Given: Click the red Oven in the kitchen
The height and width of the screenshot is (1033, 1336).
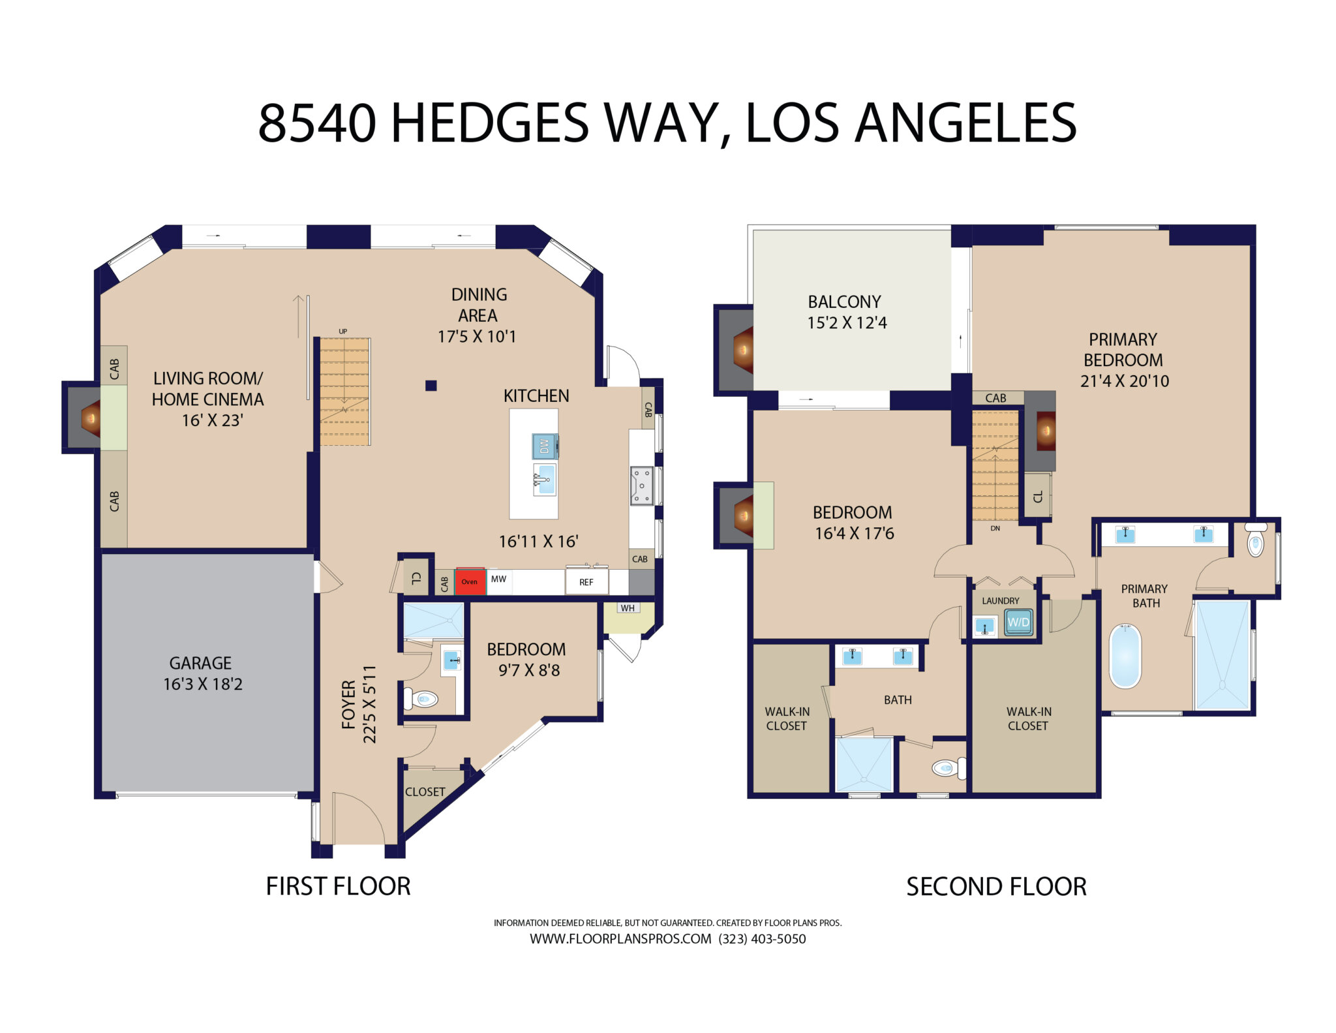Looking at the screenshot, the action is pyautogui.click(x=470, y=581).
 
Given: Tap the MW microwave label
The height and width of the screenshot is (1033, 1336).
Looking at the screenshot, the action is pyautogui.click(x=498, y=579).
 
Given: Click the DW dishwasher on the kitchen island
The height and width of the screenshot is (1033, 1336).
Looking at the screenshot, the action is pyautogui.click(x=545, y=446).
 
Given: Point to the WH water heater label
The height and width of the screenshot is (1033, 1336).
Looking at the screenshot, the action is pyautogui.click(x=628, y=608).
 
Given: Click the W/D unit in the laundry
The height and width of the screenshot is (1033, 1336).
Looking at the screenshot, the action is pyautogui.click(x=1018, y=622).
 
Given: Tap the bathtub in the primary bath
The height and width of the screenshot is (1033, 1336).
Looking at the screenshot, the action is pyautogui.click(x=1125, y=656).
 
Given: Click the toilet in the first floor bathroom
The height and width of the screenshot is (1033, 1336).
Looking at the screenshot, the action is pyautogui.click(x=421, y=699).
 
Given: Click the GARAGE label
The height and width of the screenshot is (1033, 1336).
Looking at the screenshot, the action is pyautogui.click(x=200, y=663).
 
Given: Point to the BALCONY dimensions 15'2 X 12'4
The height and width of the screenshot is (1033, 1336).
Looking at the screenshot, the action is pyautogui.click(x=847, y=323).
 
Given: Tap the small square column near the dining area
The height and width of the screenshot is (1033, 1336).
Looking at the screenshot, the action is pyautogui.click(x=431, y=386).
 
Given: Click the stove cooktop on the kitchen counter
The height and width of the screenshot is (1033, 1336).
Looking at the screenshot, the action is pyautogui.click(x=642, y=486).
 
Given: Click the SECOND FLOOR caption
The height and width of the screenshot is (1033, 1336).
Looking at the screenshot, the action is pyautogui.click(x=996, y=887).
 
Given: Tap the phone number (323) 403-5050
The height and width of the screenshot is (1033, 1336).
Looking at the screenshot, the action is pyautogui.click(x=762, y=939).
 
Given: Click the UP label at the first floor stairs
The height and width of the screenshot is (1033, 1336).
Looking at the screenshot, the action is pyautogui.click(x=343, y=331).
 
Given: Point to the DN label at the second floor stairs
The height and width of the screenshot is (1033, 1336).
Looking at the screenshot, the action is pyautogui.click(x=995, y=528).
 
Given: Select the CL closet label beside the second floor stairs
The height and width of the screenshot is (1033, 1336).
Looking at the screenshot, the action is pyautogui.click(x=1038, y=497).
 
